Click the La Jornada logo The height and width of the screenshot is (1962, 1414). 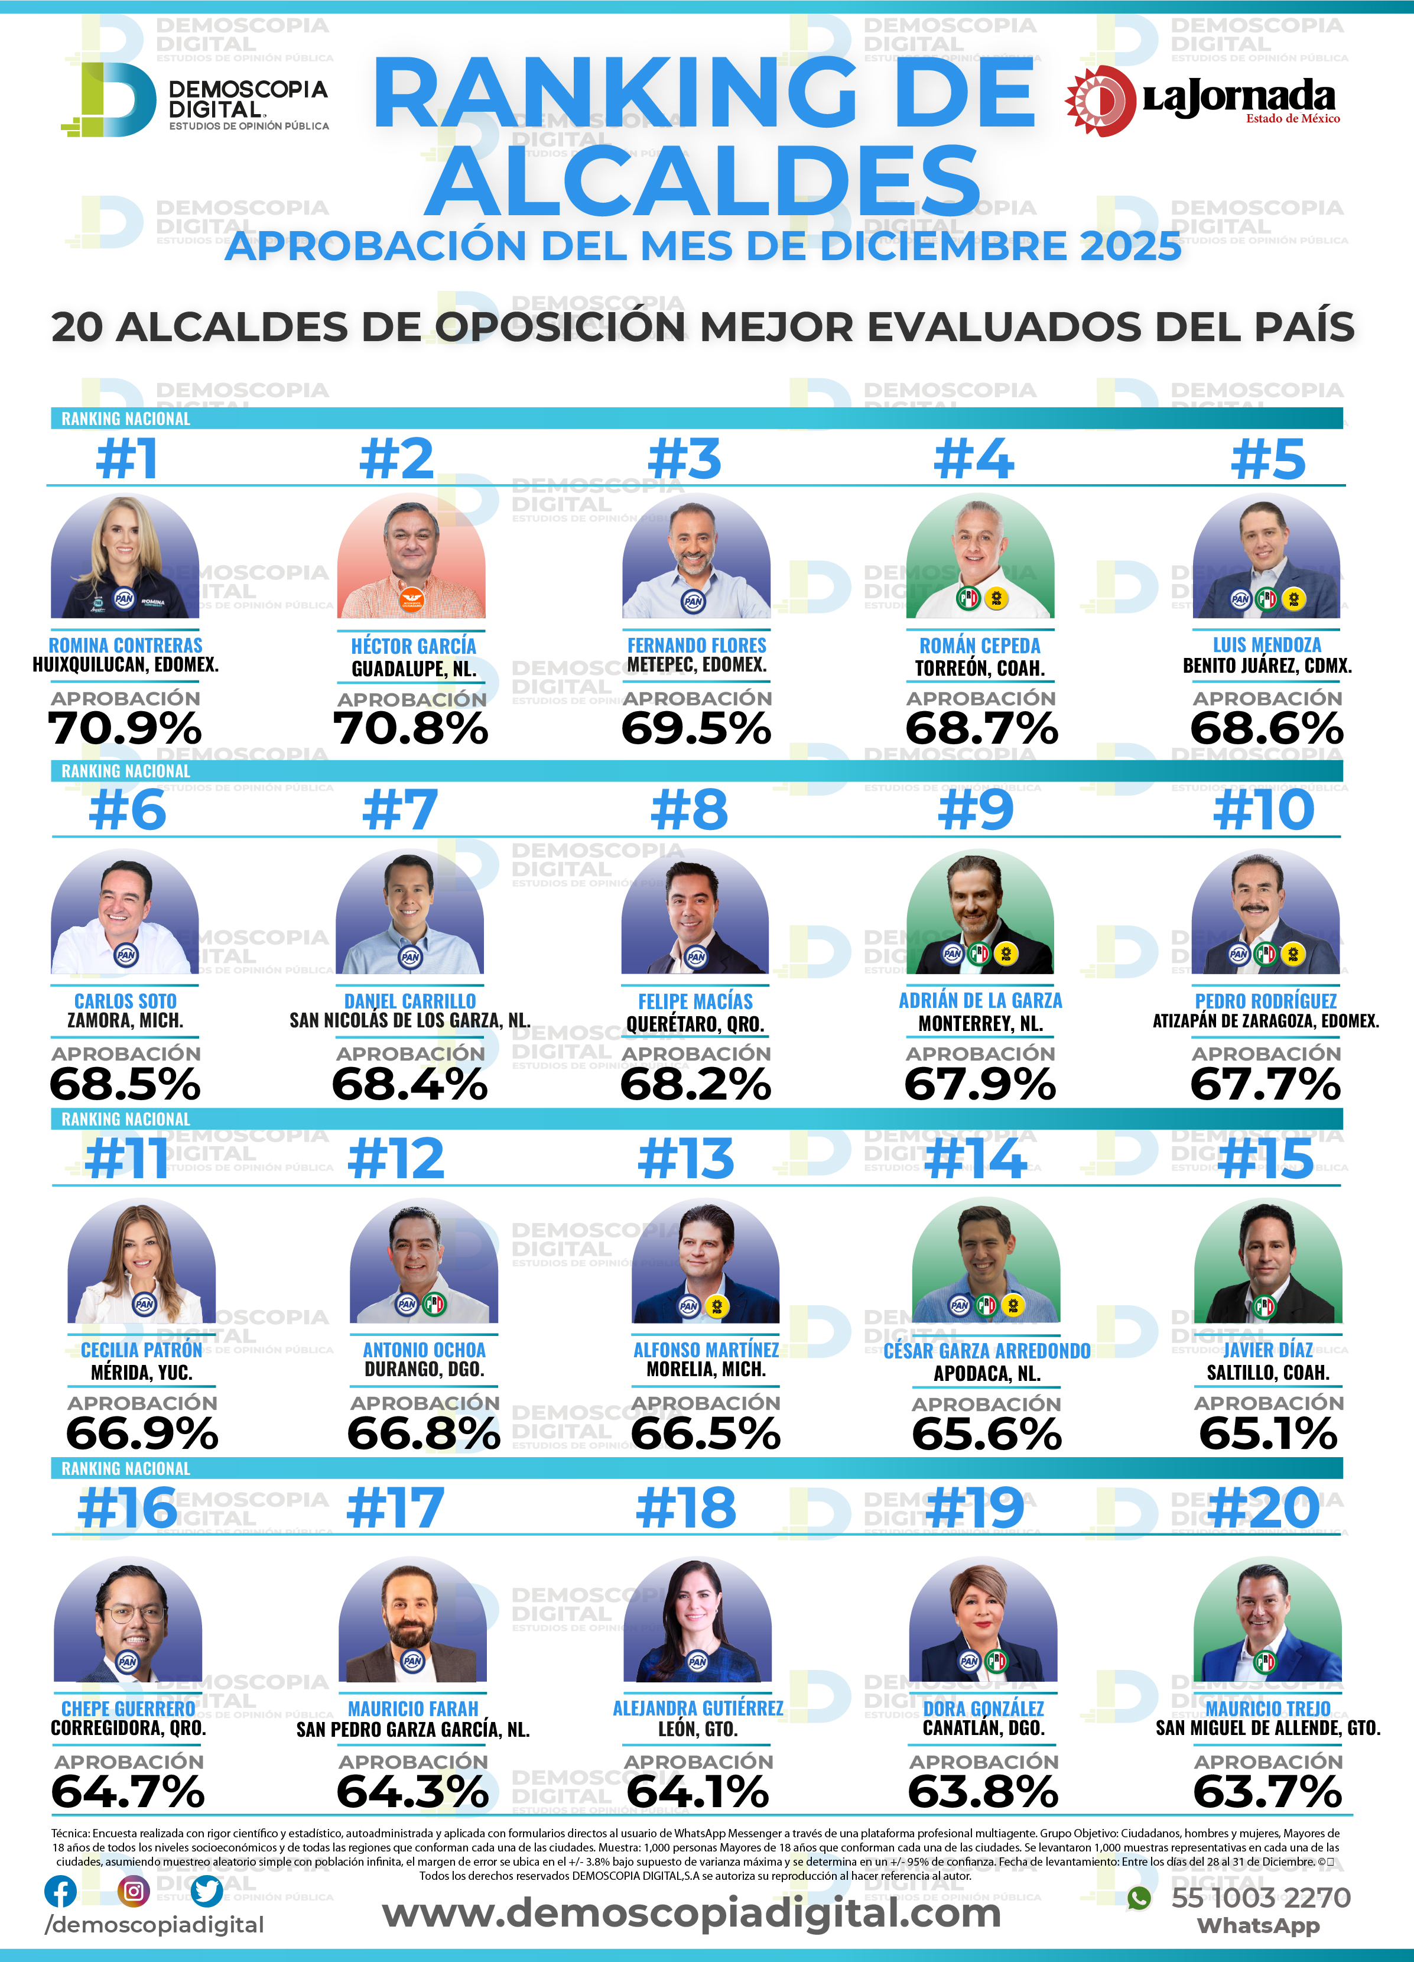click(x=1202, y=100)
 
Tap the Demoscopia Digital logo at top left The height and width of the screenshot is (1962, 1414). click(x=194, y=99)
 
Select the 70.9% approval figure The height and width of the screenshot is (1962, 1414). click(x=125, y=728)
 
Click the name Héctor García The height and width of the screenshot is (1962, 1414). click(x=414, y=646)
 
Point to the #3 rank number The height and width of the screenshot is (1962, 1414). click(x=684, y=459)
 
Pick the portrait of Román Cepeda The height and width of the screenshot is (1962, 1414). click(x=980, y=556)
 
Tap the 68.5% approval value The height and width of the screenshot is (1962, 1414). click(x=125, y=1084)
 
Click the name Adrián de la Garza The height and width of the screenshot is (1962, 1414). click(x=980, y=1001)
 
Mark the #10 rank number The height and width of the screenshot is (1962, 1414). click(x=1263, y=810)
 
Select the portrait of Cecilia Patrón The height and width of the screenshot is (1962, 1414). click(x=142, y=1261)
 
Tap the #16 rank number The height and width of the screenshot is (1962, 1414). click(x=127, y=1508)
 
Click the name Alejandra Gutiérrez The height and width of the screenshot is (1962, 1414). click(x=698, y=1708)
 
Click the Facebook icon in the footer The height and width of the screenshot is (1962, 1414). click(x=60, y=1891)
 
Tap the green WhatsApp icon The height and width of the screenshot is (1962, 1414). click(x=1139, y=1898)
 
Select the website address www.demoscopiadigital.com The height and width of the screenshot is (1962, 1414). click(x=691, y=1913)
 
